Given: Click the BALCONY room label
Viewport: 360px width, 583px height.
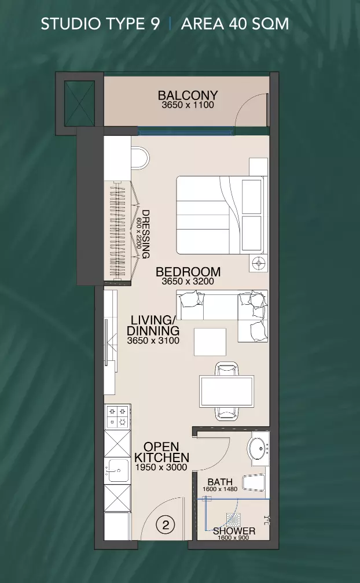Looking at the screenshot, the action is pos(188,95).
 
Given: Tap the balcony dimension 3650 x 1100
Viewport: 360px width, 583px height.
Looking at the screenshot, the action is pos(188,105).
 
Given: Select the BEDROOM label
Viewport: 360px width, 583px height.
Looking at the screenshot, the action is pos(188,272).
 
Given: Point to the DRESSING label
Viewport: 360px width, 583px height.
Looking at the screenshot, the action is pos(145,234).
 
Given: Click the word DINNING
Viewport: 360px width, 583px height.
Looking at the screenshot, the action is pos(153,331).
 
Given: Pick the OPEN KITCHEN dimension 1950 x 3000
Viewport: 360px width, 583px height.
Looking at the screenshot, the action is pos(161,467).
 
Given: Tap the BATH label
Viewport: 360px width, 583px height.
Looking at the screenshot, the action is pos(220,482).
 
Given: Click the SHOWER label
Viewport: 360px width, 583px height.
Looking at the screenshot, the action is pos(234,531).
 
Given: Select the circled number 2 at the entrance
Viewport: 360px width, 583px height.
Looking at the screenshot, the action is pos(166,525).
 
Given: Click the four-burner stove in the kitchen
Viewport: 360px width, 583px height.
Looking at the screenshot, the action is pos(117,417).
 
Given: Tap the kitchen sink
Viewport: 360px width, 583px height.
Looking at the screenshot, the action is pos(117,471).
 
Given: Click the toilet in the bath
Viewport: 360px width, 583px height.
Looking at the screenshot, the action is pos(254,482).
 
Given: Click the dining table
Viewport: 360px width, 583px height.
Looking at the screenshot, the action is pos(226,392).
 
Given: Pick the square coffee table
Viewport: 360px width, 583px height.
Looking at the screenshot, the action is pos(210,342).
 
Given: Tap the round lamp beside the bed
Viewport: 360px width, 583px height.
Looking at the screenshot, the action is pos(259,263).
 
